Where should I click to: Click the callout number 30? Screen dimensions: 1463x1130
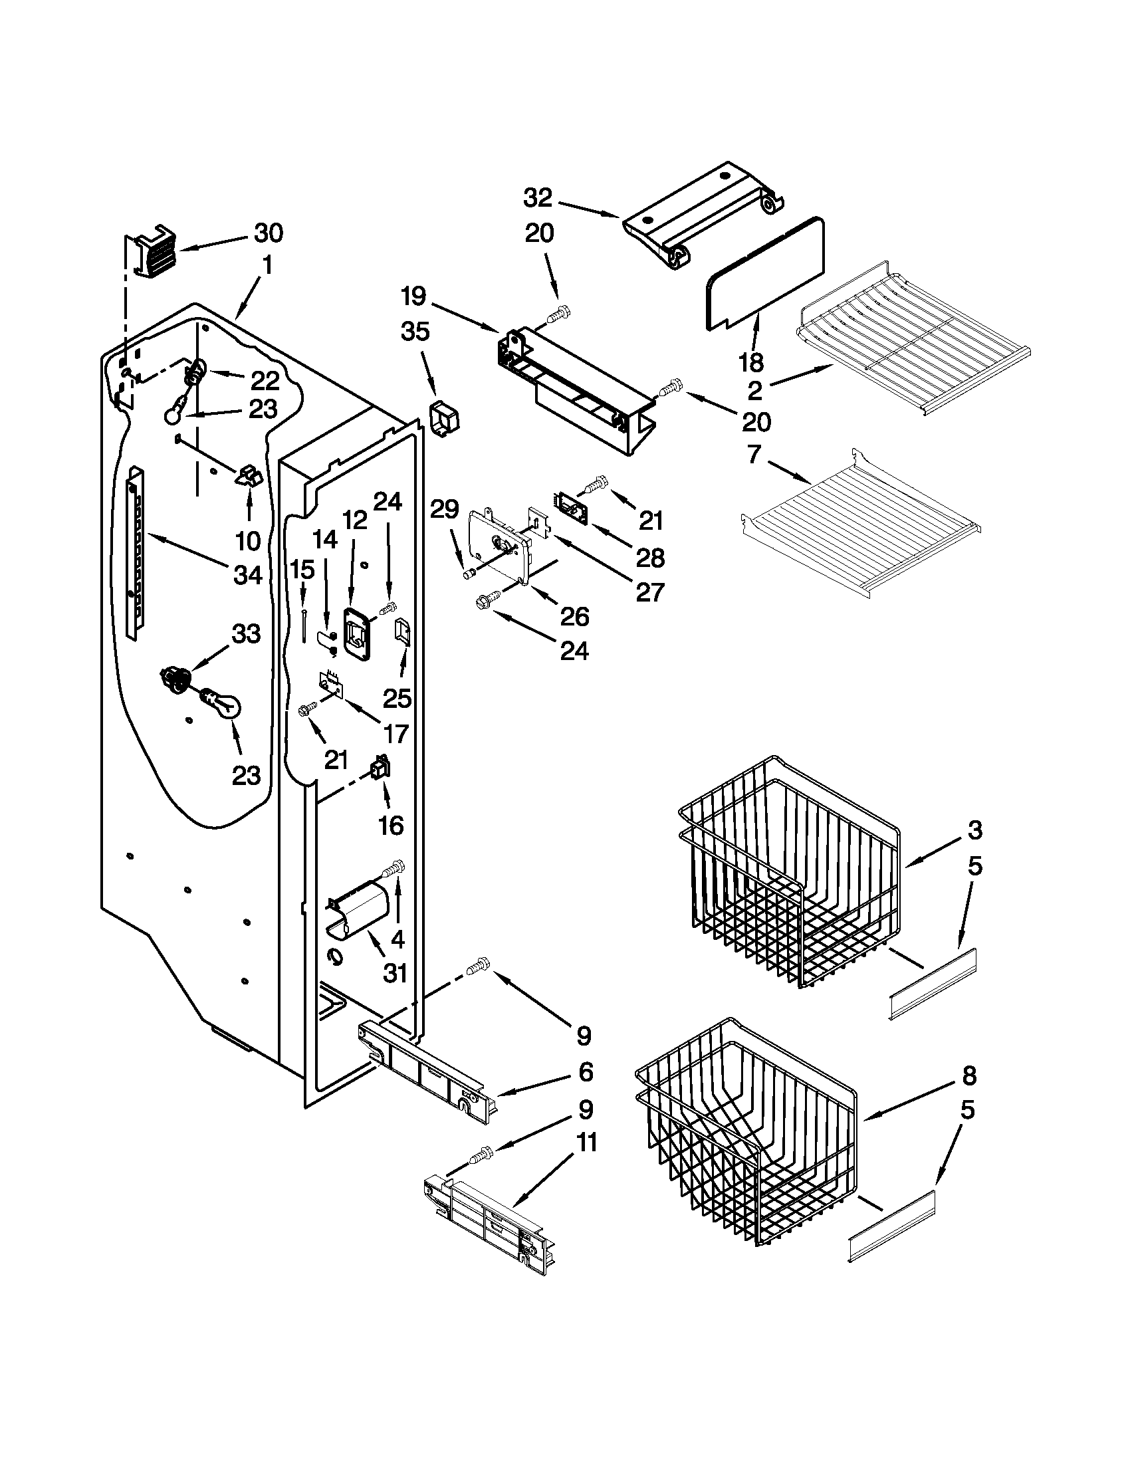[268, 233]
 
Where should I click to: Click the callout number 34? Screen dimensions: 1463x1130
[247, 574]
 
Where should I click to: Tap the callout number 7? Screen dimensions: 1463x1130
[754, 455]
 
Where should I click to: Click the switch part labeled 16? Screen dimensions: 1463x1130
[380, 769]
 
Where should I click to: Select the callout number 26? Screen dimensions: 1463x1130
[575, 616]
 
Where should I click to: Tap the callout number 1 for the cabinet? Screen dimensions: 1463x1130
[267, 266]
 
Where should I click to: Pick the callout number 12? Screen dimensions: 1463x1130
[355, 519]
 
